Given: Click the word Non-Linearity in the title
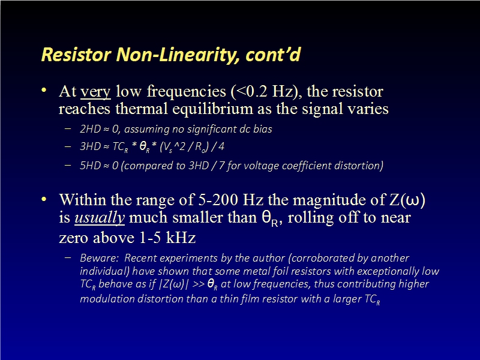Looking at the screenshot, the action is click(x=175, y=55).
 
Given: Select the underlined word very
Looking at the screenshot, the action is click(x=95, y=92).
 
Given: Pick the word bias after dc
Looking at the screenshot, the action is click(x=262, y=129).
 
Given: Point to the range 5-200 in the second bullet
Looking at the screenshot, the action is click(x=218, y=200).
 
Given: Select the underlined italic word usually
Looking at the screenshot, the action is click(x=100, y=218).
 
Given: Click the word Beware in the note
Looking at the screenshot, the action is click(x=99, y=258).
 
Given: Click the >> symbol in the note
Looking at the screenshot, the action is click(x=199, y=284).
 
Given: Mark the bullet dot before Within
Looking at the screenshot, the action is click(x=44, y=199).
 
